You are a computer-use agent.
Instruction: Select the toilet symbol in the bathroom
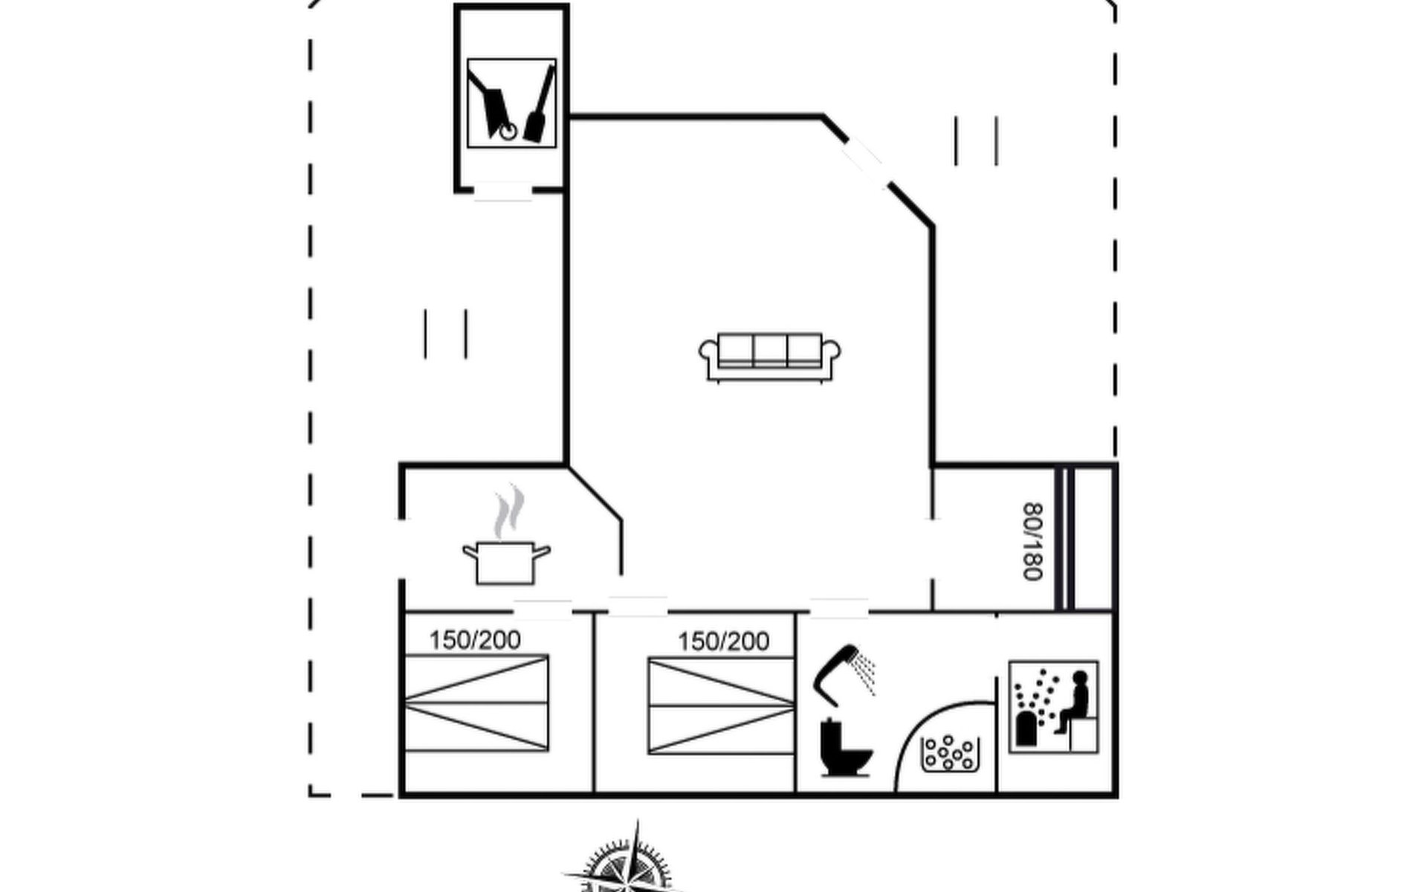845,748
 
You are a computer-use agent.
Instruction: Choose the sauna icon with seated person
1054,707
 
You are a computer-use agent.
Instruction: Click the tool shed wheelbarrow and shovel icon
511,103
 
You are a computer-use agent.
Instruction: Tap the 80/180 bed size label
1033,541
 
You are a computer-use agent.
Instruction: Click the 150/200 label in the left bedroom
475,640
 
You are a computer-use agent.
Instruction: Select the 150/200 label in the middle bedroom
723,641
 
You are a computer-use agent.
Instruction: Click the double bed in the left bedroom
476,703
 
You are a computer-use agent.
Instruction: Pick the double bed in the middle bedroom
721,706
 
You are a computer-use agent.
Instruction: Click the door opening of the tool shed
503,191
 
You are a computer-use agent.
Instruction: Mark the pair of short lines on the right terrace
976,140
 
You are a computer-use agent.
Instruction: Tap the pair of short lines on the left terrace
445,334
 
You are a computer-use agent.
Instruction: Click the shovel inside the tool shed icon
540,104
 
